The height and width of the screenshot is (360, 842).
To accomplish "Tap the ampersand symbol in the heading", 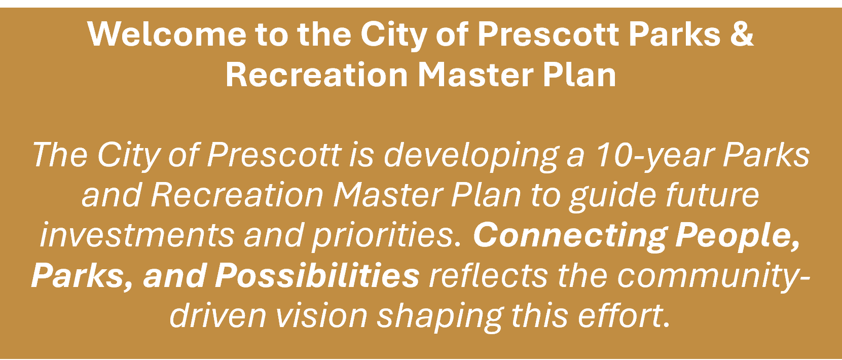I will click(x=742, y=34).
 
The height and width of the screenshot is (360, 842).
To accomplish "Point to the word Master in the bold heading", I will click(x=474, y=75).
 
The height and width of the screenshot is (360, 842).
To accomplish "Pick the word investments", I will click(x=137, y=235).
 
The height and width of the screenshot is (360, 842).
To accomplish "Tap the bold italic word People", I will click(x=738, y=235).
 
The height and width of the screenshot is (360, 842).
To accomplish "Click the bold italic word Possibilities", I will click(x=317, y=275).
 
